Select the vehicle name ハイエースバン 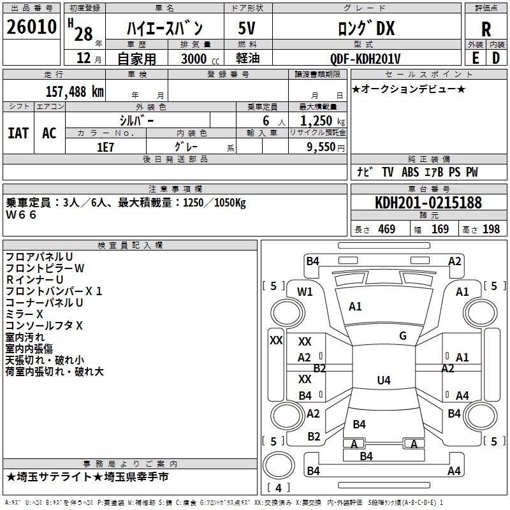pos(164,28)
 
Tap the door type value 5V pos(247,28)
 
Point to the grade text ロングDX pos(366,28)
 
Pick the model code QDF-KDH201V pos(365,59)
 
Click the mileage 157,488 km pos(74,91)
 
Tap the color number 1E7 pos(105,147)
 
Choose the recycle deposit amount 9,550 pos(321,147)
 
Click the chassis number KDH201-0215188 pos(428,203)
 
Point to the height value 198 pos(491,229)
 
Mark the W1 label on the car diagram pos(305,292)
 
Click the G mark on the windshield pos(403,336)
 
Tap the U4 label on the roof pos(383,381)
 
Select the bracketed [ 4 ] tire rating pos(279,488)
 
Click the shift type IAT pos(18,133)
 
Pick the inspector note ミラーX pos(24,314)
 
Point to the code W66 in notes pos(22,215)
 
